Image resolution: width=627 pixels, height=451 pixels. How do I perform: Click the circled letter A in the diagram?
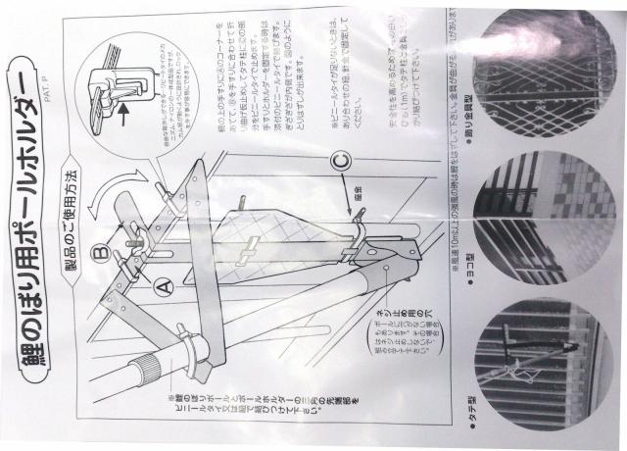(x=163, y=282)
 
